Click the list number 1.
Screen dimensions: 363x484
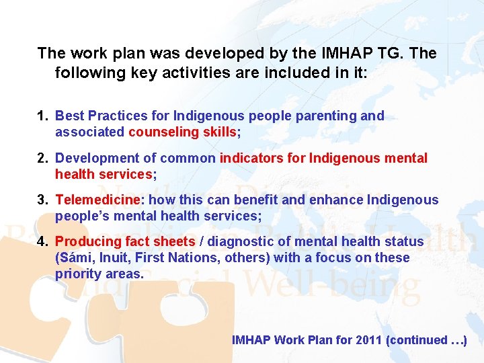point(42,116)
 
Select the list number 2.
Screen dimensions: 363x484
point(42,159)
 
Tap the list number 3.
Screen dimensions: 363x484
point(42,200)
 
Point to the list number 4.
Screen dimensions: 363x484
point(42,241)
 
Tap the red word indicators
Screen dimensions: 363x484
point(262,159)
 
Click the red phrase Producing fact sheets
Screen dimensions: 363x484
point(125,241)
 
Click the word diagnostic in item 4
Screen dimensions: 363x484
point(237,241)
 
